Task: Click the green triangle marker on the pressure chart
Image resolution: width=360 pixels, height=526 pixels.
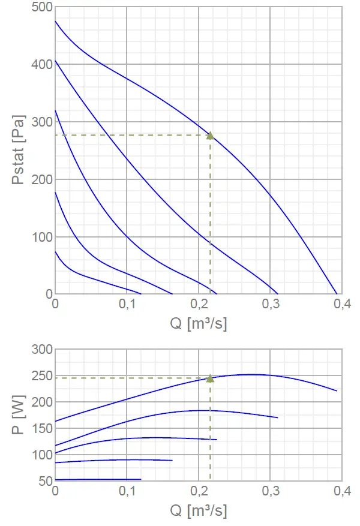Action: [210, 136]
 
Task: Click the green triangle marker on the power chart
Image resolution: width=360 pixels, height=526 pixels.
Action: [210, 378]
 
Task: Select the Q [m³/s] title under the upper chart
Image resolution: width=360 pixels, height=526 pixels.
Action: [199, 324]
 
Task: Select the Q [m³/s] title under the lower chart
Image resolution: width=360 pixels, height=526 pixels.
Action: [199, 511]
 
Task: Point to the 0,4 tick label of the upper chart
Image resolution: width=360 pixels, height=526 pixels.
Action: [341, 305]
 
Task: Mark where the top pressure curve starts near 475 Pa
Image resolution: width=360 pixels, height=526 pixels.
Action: [55, 22]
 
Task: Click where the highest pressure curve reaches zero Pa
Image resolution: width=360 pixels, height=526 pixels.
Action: [337, 294]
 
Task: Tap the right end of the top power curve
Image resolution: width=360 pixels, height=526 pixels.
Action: [337, 391]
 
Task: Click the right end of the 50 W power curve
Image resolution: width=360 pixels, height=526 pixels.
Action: [141, 479]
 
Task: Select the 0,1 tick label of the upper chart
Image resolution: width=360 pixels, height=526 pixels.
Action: [127, 305]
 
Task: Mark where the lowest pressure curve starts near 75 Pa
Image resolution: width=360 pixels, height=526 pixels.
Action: [55, 251]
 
